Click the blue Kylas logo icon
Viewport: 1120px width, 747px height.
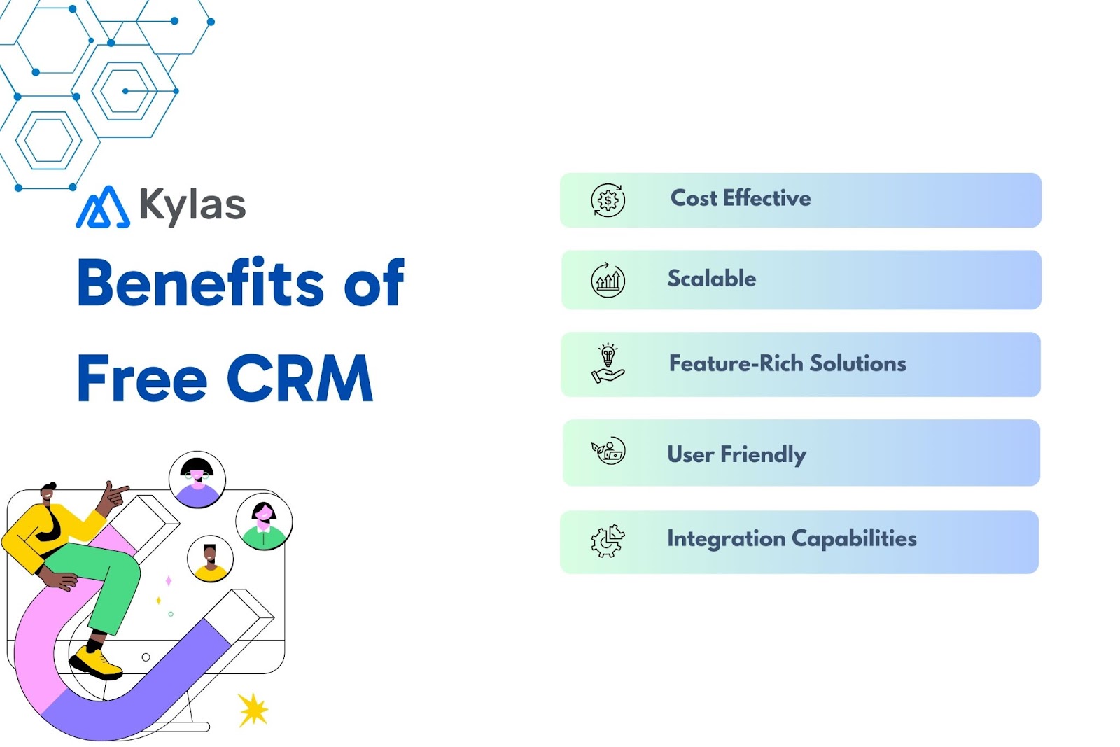point(102,207)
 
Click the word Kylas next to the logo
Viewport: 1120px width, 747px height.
point(192,204)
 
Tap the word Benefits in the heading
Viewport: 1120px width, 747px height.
point(199,283)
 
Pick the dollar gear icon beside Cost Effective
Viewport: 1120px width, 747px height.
point(608,200)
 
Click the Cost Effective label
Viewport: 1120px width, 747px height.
point(740,198)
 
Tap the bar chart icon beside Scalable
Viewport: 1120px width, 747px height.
point(608,280)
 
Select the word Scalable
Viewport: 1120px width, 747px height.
point(711,279)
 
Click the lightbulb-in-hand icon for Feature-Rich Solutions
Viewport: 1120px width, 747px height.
point(608,363)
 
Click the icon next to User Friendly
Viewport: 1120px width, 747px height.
point(608,452)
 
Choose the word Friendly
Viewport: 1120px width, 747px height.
point(763,454)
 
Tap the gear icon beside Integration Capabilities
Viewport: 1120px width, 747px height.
point(607,540)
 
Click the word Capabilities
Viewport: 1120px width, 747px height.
point(854,538)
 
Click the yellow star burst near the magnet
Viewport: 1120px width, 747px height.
point(252,710)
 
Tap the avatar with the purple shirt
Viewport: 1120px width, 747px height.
point(197,480)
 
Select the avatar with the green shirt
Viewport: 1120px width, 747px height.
point(264,522)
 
